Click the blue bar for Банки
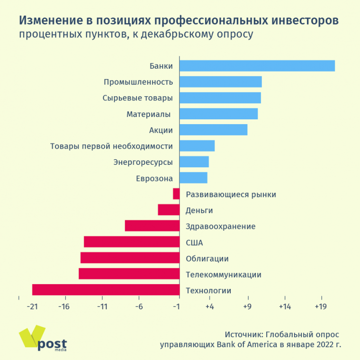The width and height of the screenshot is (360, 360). point(257,66)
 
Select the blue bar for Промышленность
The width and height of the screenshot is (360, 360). point(220,82)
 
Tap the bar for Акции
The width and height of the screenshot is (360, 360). point(213,130)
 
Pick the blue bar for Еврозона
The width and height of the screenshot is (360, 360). point(193,178)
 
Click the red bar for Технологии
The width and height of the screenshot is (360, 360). point(106,290)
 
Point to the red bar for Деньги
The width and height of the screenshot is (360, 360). point(169,210)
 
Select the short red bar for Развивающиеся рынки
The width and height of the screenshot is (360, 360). point(176,194)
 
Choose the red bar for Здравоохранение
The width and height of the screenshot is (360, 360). point(152,226)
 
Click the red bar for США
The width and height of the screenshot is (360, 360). point(132,242)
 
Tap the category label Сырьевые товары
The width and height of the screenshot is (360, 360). point(137,98)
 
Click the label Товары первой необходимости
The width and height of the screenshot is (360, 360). point(111,146)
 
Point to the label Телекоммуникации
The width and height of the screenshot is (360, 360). point(224,275)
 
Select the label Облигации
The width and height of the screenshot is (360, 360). point(207,259)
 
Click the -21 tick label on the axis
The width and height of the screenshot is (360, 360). point(32,306)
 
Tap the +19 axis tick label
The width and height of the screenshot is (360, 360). point(321,306)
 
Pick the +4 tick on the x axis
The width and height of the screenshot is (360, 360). point(209,306)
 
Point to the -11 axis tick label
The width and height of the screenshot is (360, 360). point(102,306)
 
